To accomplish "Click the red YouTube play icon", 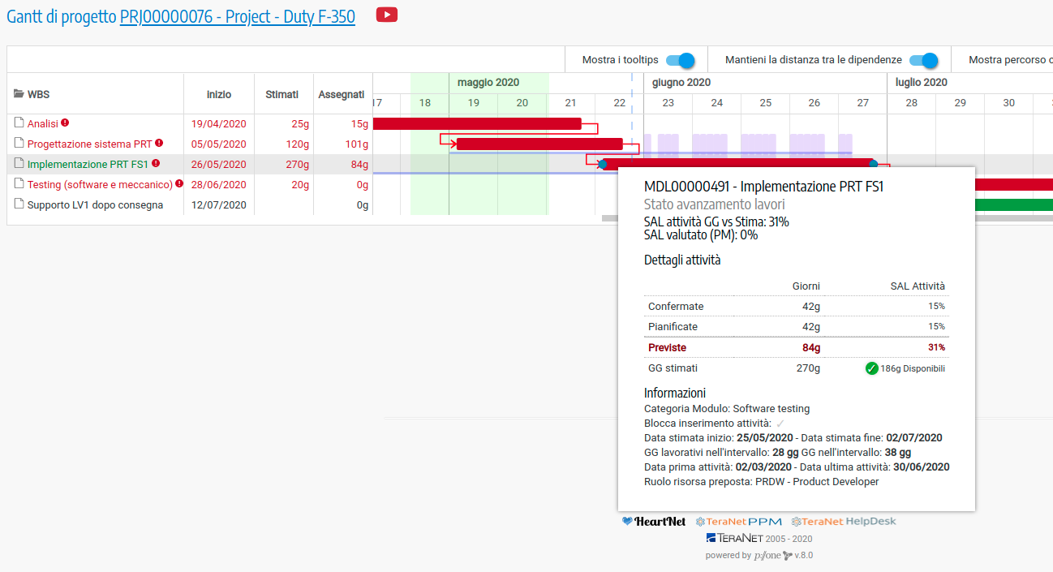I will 387,15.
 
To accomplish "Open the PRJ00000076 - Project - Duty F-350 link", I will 237,17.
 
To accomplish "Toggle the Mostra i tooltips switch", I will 681,60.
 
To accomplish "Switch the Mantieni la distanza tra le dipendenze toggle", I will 923,60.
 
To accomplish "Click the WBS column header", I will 38,94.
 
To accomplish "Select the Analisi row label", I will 42,124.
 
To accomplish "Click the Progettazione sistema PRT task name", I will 89,144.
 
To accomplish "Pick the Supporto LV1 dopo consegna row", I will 95,205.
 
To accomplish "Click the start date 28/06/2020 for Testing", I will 218,185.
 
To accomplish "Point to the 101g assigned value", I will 356,144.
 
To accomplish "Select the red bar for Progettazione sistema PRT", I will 539,144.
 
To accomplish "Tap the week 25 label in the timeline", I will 766,102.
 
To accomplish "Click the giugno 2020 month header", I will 681,82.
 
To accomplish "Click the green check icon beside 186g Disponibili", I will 872,368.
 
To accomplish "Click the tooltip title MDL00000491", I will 763,187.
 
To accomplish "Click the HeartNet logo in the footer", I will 654,522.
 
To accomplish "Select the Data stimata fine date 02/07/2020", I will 913,437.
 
